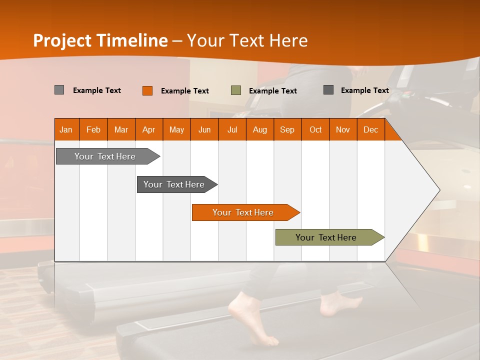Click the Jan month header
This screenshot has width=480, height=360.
pos(66,129)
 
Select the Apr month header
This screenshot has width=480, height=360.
pos(149,129)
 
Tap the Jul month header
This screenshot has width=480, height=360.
pos(232,129)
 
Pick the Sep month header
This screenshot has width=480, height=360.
pos(287,129)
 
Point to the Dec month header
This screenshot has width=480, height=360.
pos(370,129)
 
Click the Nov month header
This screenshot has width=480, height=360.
pos(343,129)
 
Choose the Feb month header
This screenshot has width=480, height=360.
pos(93,129)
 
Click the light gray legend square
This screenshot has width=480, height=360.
pos(59,90)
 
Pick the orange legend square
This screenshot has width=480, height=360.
pos(147,90)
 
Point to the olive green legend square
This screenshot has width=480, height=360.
pos(236,90)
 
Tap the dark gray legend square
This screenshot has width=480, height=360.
pos(328,90)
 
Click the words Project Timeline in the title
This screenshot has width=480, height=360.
pos(100,40)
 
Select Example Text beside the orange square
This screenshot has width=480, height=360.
pos(185,91)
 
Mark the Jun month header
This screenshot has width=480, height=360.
pos(204,129)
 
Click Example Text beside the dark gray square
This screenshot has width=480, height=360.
pos(365,90)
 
